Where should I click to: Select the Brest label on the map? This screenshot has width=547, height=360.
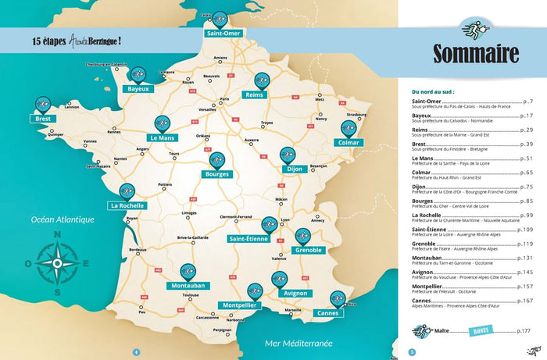tap(42, 119)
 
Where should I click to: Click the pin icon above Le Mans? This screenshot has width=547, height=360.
tap(162, 123)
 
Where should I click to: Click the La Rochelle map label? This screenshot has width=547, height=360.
tap(126, 205)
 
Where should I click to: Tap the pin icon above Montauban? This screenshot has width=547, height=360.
tap(188, 270)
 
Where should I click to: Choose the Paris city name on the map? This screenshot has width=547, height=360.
tap(225, 99)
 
